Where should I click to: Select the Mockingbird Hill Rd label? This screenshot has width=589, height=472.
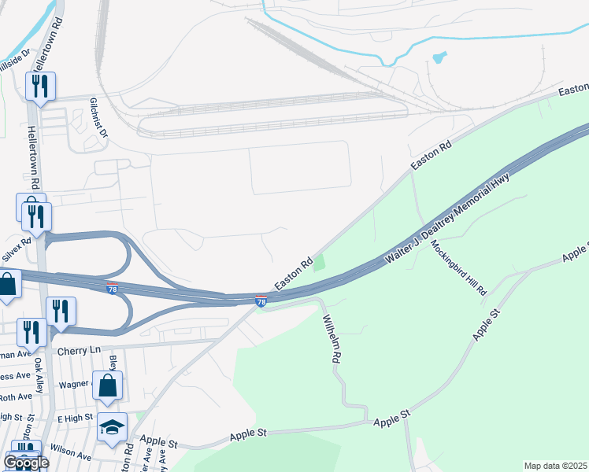[x=457, y=267]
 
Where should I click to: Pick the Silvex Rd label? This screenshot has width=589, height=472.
[x=17, y=251]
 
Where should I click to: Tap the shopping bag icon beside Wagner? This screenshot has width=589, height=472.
[x=108, y=385]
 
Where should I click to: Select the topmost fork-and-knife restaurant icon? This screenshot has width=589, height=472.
[x=40, y=86]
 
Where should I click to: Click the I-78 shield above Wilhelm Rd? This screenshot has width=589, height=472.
[x=261, y=301]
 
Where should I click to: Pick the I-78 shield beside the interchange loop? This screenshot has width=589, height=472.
[x=112, y=289]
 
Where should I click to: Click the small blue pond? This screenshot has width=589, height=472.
[x=439, y=57]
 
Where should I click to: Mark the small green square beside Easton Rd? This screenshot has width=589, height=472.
[x=318, y=264]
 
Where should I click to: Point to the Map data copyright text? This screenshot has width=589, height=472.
[x=555, y=466]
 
